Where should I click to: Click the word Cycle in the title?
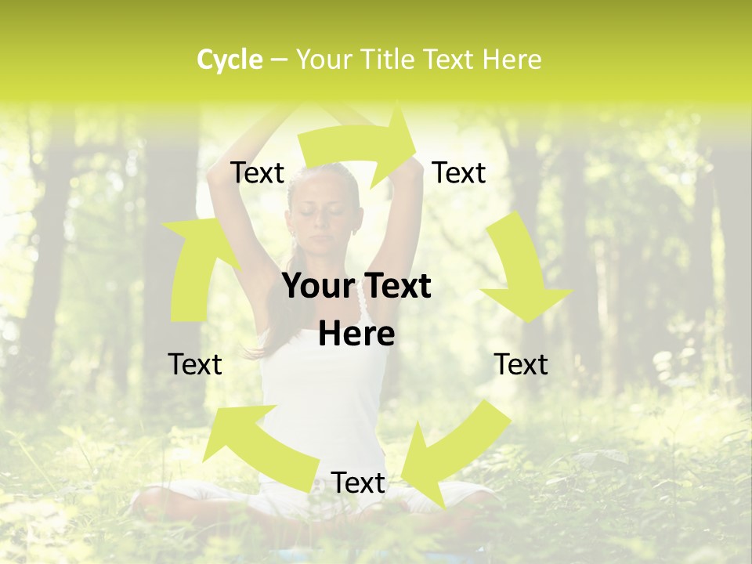230,60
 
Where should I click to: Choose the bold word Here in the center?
356,334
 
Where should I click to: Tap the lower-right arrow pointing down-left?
454,454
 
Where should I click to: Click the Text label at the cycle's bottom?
358,483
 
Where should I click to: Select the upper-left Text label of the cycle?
258,173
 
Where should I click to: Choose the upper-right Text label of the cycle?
459,173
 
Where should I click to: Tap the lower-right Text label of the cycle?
521,364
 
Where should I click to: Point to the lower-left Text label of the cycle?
195,364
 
